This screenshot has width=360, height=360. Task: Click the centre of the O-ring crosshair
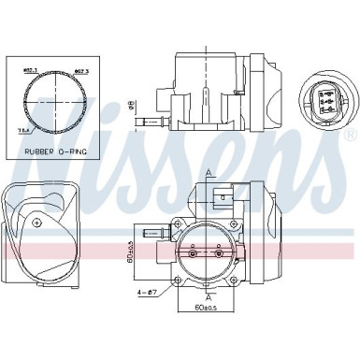[52, 96]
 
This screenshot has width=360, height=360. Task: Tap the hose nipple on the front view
[150, 229]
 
